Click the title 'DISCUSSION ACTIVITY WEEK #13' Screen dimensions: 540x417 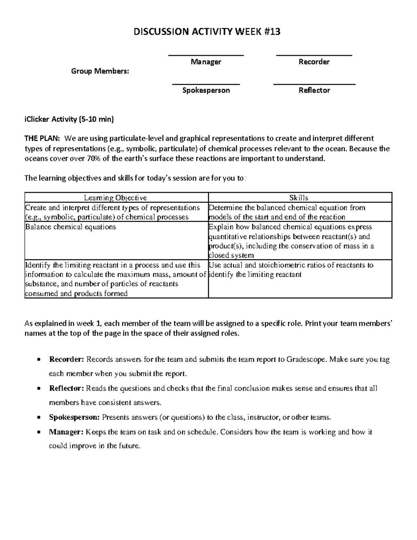click(x=207, y=32)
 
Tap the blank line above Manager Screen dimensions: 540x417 click(x=206, y=55)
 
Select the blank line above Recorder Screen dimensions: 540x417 click(x=314, y=55)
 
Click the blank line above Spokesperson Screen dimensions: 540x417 click(x=206, y=84)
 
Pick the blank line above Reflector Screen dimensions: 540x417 click(x=314, y=84)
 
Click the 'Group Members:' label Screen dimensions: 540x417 click(x=100, y=71)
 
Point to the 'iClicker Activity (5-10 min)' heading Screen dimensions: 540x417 click(x=69, y=120)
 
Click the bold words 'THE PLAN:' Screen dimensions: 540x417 click(x=42, y=138)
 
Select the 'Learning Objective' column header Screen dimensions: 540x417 click(x=115, y=198)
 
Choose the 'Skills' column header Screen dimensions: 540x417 click(x=299, y=198)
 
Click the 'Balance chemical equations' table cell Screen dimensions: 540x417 click(x=71, y=227)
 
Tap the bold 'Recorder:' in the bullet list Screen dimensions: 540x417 click(x=67, y=359)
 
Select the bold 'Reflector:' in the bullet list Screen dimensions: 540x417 click(x=67, y=388)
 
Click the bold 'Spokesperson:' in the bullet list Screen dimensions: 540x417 click(x=74, y=417)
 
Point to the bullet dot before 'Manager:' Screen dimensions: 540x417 click(x=40, y=433)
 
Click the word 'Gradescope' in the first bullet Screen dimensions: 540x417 click(x=306, y=359)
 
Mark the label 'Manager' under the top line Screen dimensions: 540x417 click(x=206, y=62)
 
